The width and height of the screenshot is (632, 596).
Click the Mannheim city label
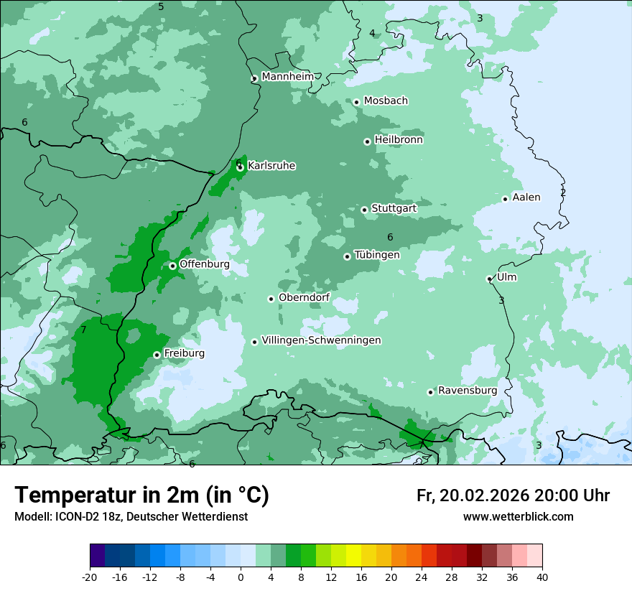point(287,76)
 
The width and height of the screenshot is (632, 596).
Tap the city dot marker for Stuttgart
point(364,210)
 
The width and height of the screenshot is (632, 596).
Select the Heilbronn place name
point(399,139)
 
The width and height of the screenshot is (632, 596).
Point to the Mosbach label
point(386,101)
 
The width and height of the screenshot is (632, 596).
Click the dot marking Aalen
point(505,199)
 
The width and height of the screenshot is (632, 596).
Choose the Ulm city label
point(506,277)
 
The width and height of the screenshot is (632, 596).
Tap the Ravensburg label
point(468,390)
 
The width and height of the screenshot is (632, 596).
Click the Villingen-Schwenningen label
point(321,340)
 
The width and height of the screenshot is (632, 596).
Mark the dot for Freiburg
point(157,355)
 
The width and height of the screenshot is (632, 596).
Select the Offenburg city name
point(205,264)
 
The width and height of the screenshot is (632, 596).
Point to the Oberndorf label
point(304,297)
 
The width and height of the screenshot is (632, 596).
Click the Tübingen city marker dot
point(347,256)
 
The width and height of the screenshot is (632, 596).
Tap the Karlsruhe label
point(271,165)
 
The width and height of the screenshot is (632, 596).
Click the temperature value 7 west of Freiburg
point(83,330)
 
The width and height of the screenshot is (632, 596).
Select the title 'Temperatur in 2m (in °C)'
point(141,495)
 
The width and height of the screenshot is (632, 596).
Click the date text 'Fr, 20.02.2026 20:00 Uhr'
point(513,495)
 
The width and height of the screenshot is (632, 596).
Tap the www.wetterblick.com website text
point(518,516)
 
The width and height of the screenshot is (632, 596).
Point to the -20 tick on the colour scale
point(89,577)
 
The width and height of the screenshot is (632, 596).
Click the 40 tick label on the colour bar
point(542,577)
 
